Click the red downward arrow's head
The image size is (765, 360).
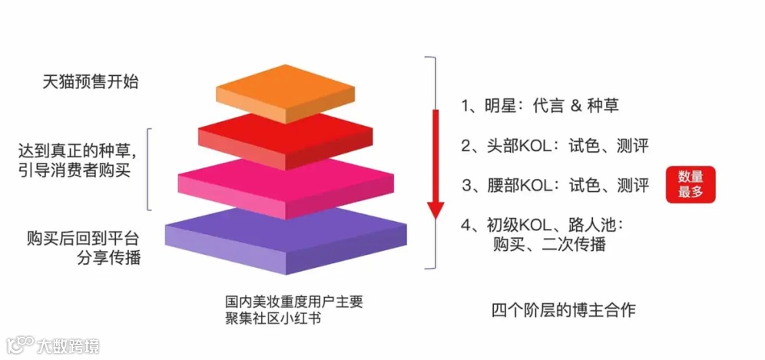[x=435, y=209]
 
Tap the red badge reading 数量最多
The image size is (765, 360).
[x=690, y=184]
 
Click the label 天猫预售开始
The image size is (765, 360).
[x=91, y=81]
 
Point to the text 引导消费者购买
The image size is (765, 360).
[x=76, y=170]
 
